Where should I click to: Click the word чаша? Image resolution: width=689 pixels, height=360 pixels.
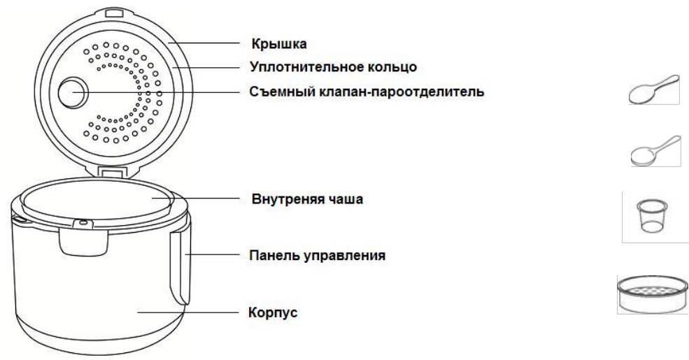coord(345,199)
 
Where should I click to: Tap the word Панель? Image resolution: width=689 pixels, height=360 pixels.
coord(271,255)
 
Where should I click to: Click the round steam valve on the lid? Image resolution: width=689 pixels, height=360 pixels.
coord(73,92)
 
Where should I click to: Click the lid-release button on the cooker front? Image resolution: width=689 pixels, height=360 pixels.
coord(83,238)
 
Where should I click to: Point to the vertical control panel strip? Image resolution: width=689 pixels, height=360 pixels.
coord(180,266)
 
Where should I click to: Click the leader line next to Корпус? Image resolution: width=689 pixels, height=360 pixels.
coord(189,312)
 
